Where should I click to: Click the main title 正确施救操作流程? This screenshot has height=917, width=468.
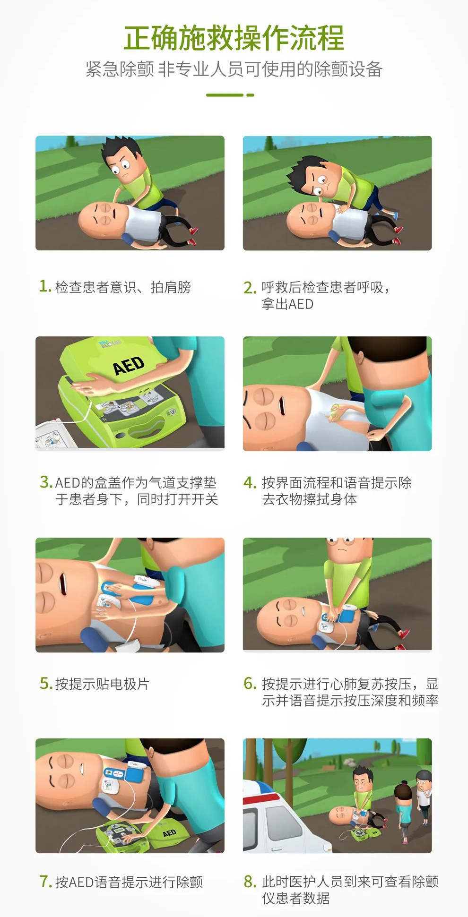click(234, 39)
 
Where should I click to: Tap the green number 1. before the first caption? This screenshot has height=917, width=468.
click(45, 286)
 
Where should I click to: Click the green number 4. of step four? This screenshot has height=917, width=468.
click(250, 482)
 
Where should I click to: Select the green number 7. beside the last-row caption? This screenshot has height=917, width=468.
click(45, 882)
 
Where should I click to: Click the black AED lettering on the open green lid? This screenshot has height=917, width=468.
click(128, 365)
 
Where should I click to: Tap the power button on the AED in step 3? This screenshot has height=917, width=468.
click(172, 411)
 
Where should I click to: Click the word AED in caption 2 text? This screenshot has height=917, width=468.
click(301, 304)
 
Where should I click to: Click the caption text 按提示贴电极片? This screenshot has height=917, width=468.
click(102, 684)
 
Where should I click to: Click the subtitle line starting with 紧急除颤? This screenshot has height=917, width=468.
click(234, 69)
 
